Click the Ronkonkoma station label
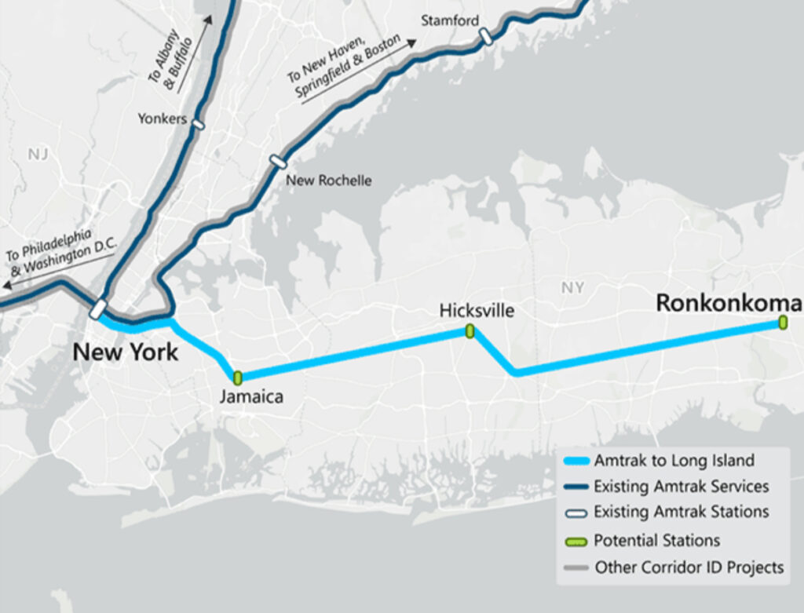(729, 303)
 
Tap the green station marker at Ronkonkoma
(783, 322)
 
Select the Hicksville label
(477, 311)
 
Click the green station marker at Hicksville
(470, 331)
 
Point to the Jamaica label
(251, 397)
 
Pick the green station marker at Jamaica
(238, 378)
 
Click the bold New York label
(126, 352)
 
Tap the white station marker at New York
(98, 309)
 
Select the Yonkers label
(163, 119)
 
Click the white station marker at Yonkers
(198, 124)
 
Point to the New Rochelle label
(328, 181)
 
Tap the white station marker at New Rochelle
(276, 162)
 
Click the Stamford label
(449, 20)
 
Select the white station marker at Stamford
(486, 36)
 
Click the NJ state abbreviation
(38, 154)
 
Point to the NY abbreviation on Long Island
(572, 288)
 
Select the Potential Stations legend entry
(656, 540)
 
